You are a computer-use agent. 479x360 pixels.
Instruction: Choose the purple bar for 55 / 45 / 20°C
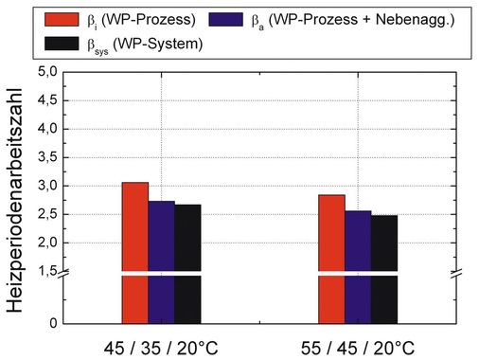358,265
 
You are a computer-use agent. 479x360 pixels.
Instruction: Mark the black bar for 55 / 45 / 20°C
384,267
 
